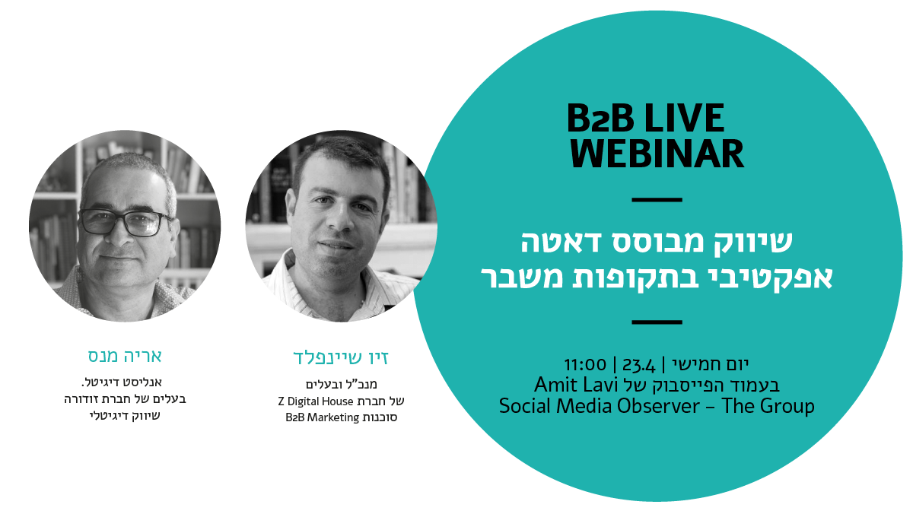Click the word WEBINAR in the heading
(x=657, y=153)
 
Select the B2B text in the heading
(x=600, y=118)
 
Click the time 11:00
(x=585, y=364)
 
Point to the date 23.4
(x=638, y=364)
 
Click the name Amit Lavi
(x=577, y=385)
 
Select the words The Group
(x=768, y=407)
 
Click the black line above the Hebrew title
(x=657, y=199)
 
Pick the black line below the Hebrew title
(x=657, y=322)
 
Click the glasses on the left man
(x=124, y=221)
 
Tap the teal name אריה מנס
(x=125, y=356)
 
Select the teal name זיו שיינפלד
(x=341, y=357)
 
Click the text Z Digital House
(x=316, y=401)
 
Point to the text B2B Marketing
(x=322, y=417)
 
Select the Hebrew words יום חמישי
(x=711, y=364)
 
